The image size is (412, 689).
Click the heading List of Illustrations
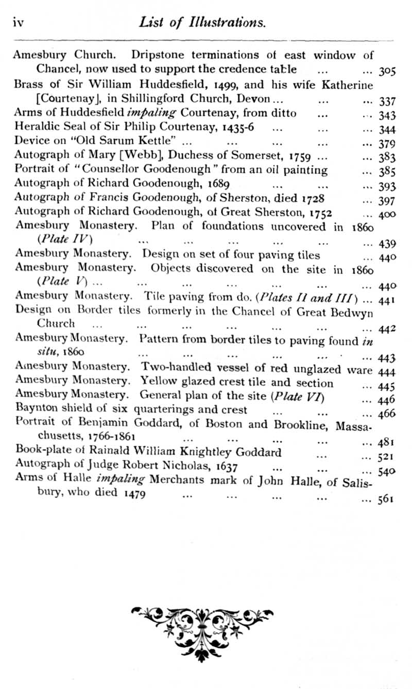coord(202,22)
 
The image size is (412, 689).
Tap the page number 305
coord(386,71)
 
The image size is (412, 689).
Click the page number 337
coord(386,101)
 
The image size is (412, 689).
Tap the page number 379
coord(386,144)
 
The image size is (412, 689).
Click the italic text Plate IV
coord(64,240)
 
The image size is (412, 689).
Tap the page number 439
coord(386,244)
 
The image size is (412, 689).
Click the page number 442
coord(386,329)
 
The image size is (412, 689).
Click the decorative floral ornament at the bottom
coord(202,626)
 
